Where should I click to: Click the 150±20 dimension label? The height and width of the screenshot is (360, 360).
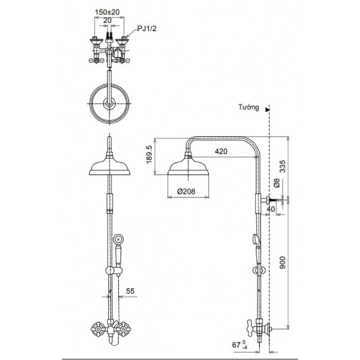(109, 11)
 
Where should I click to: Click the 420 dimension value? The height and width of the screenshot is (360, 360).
(221, 152)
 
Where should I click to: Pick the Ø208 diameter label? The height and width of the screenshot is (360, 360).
(185, 192)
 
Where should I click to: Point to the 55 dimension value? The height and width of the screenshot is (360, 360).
(131, 292)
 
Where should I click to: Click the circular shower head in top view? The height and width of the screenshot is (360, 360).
(109, 103)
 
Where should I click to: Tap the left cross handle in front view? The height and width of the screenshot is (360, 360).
(96, 329)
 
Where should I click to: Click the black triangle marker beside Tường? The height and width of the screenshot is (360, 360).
(267, 109)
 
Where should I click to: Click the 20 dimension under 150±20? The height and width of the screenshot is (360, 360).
(107, 20)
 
